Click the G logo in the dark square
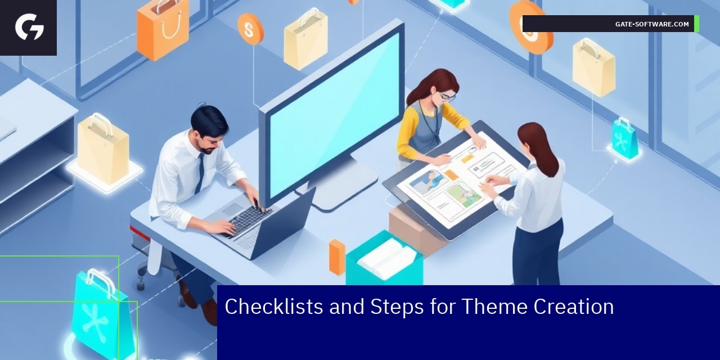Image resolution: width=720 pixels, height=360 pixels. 29,28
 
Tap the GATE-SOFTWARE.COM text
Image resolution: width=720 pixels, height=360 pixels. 652,24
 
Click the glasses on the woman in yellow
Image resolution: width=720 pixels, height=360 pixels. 447,97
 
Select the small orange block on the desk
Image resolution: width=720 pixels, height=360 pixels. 337,256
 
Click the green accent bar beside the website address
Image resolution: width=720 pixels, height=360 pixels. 696,24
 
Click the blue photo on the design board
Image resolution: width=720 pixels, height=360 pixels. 428,181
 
